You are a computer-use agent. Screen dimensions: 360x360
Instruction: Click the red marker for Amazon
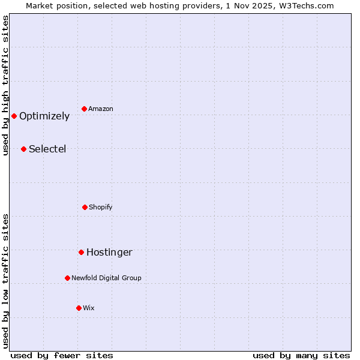pos(85,109)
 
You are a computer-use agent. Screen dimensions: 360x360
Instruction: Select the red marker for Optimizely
pos(14,116)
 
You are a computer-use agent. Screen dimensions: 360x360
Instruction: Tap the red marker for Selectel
pos(23,149)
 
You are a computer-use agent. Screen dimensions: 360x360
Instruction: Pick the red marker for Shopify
pos(85,207)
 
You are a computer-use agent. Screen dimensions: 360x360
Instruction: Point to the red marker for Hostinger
pos(81,252)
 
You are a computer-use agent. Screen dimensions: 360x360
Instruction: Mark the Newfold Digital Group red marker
pos(67,278)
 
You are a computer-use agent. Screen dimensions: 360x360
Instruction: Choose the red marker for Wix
pos(79,308)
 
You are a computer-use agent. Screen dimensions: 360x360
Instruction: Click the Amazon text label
pos(101,109)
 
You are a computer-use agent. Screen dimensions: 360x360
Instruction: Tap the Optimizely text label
pos(44,116)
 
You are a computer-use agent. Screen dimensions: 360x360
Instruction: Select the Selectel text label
pos(47,149)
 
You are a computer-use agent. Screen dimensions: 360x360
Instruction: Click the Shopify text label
pos(101,207)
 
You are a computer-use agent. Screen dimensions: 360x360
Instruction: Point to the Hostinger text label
pos(109,253)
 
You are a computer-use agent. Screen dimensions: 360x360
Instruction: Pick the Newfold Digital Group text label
pos(106,278)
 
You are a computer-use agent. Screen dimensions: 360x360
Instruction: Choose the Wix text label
pos(89,308)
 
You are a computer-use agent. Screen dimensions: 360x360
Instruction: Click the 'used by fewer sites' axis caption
pos(62,355)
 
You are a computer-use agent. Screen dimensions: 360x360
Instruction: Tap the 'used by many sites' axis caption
pos(301,355)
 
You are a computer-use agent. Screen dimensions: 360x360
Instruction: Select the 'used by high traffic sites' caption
pos(5,85)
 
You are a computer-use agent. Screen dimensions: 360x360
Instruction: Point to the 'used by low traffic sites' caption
pos(5,281)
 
